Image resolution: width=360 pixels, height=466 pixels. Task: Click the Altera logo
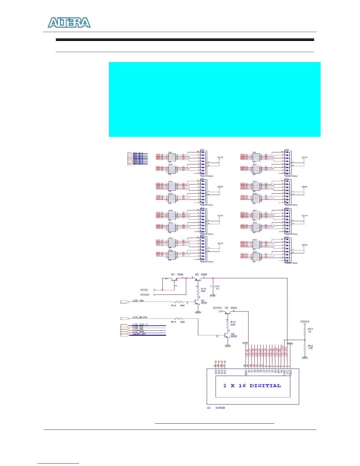coord(69,23)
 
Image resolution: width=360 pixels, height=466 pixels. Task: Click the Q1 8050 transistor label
coord(177,274)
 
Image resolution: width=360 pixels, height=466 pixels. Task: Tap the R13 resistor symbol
coord(198,290)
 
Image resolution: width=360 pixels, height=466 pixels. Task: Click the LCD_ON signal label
coord(138,301)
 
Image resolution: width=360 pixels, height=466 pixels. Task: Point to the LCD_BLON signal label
coord(140,317)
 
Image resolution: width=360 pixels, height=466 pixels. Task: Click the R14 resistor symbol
coord(179,302)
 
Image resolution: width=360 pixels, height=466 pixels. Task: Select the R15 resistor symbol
coord(179,318)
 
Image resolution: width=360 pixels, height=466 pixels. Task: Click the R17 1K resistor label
coord(310,330)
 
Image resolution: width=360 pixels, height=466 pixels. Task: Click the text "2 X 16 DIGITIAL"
coord(252,386)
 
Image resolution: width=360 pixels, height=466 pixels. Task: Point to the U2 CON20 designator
coord(216,408)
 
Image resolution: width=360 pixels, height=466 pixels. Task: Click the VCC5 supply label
coord(144,290)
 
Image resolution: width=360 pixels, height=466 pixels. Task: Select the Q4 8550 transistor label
coord(231,308)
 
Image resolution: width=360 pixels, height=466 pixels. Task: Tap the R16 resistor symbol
coord(227,324)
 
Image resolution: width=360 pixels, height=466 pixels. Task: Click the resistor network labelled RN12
coord(172,186)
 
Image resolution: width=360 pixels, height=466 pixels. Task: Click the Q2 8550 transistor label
coord(201,274)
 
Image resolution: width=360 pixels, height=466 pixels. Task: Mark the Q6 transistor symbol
coord(226,335)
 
